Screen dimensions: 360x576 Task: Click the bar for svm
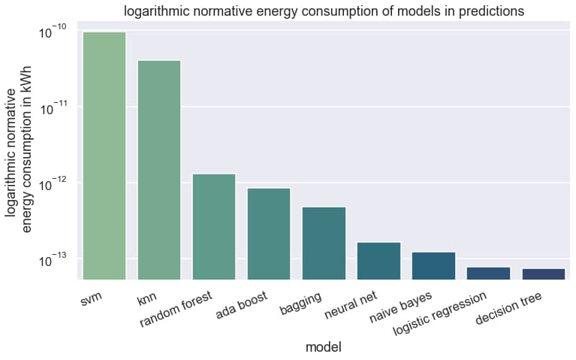[104, 156]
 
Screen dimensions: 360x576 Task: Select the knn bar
[159, 170]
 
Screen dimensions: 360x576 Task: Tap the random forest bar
[214, 227]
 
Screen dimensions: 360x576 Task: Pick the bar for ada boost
[269, 234]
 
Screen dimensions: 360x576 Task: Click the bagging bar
[324, 244]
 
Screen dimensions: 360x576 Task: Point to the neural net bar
[378, 261]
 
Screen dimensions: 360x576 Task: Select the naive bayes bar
[433, 266]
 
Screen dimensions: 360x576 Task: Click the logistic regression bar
[488, 274]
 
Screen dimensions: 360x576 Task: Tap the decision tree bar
[543, 274]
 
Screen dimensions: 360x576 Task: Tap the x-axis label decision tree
[508, 310]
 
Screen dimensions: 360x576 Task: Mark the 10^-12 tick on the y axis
[52, 184]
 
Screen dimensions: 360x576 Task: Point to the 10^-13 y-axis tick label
[52, 260]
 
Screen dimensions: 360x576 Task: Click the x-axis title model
[324, 347]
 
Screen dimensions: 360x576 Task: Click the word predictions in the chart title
[486, 11]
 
